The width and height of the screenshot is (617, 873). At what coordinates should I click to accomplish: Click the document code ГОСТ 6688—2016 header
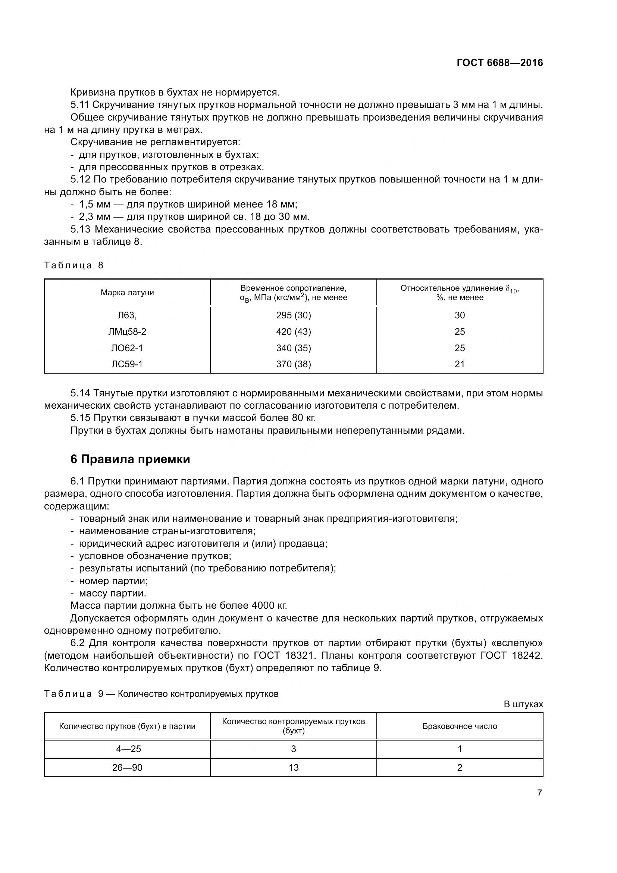click(499, 63)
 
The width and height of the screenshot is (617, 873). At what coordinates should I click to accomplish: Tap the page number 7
click(539, 793)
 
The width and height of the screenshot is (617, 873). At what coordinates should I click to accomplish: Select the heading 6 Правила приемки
click(130, 459)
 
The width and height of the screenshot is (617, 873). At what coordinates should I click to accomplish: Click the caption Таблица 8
click(74, 265)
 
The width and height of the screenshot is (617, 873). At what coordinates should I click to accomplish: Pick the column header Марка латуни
click(127, 292)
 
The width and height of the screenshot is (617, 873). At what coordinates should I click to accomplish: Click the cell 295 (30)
click(293, 315)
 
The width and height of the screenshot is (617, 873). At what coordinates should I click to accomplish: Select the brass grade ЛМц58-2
click(127, 331)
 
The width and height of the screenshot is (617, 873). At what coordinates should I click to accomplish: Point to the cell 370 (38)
click(293, 364)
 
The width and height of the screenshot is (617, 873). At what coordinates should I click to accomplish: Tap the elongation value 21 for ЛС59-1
click(460, 364)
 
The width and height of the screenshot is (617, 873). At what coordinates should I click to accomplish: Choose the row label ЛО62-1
click(127, 348)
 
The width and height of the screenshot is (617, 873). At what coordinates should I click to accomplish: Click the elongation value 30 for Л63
click(460, 315)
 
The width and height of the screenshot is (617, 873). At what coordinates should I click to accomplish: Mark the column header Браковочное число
click(460, 726)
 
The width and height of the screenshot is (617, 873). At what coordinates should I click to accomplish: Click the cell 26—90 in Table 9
click(127, 768)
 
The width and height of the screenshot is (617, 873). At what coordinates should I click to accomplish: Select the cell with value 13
click(293, 768)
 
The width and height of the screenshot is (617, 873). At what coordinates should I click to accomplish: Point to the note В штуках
click(523, 704)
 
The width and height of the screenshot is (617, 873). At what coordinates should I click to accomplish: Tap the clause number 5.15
click(80, 418)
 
